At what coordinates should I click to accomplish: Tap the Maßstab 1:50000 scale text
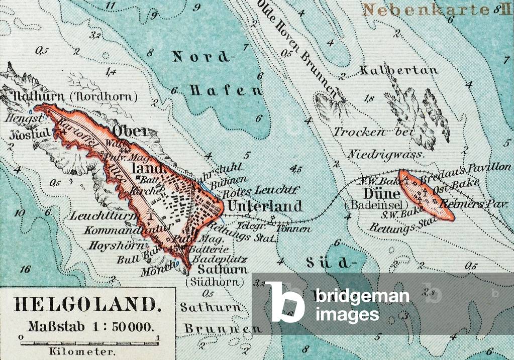coord(89,326)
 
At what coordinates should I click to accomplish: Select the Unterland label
coord(264,206)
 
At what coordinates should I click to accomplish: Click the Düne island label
coord(371,194)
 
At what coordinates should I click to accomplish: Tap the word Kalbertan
coord(398,70)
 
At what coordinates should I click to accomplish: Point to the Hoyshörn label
coord(112,246)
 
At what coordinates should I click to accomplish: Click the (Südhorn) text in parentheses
coord(215,282)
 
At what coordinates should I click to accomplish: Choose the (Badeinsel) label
coord(369,205)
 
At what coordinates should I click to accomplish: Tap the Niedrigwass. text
coord(385,154)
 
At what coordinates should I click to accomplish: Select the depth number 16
coord(25,269)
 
